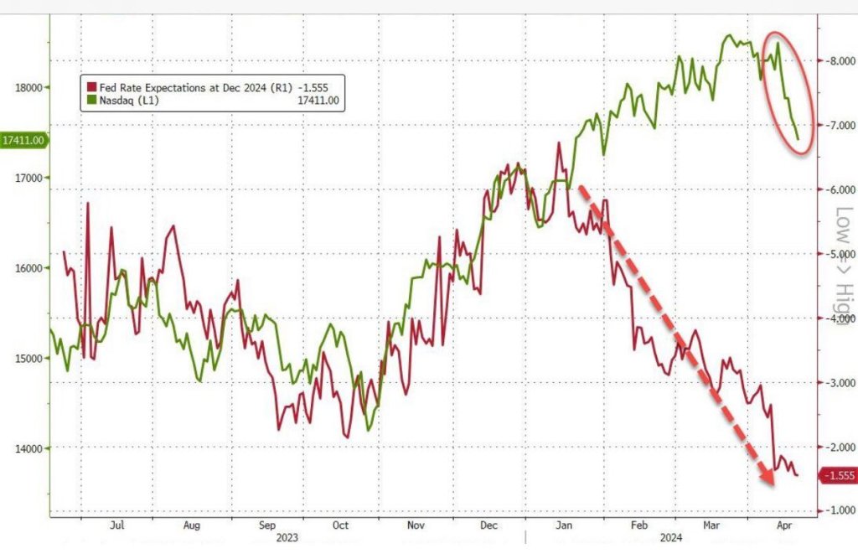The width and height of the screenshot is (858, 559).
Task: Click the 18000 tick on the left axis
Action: [x=28, y=86]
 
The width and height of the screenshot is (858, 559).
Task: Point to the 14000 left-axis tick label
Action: [x=28, y=448]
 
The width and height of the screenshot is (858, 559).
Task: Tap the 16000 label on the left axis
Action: [x=28, y=268]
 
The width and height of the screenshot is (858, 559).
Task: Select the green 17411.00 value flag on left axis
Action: [x=23, y=140]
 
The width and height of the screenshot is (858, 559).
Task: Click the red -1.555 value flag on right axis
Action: [x=837, y=476]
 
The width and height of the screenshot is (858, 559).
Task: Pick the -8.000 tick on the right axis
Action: [x=838, y=61]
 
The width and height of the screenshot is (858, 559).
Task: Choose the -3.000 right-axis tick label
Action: [x=838, y=382]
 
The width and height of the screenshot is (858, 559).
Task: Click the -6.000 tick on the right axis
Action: [x=838, y=189]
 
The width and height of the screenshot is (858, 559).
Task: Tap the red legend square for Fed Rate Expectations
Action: [x=88, y=85]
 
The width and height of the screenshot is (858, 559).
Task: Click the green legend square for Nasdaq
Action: [x=88, y=101]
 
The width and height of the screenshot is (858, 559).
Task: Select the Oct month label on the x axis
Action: [x=341, y=525]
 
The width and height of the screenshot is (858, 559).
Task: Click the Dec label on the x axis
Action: [x=490, y=525]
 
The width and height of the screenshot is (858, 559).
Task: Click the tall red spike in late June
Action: [x=87, y=204]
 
